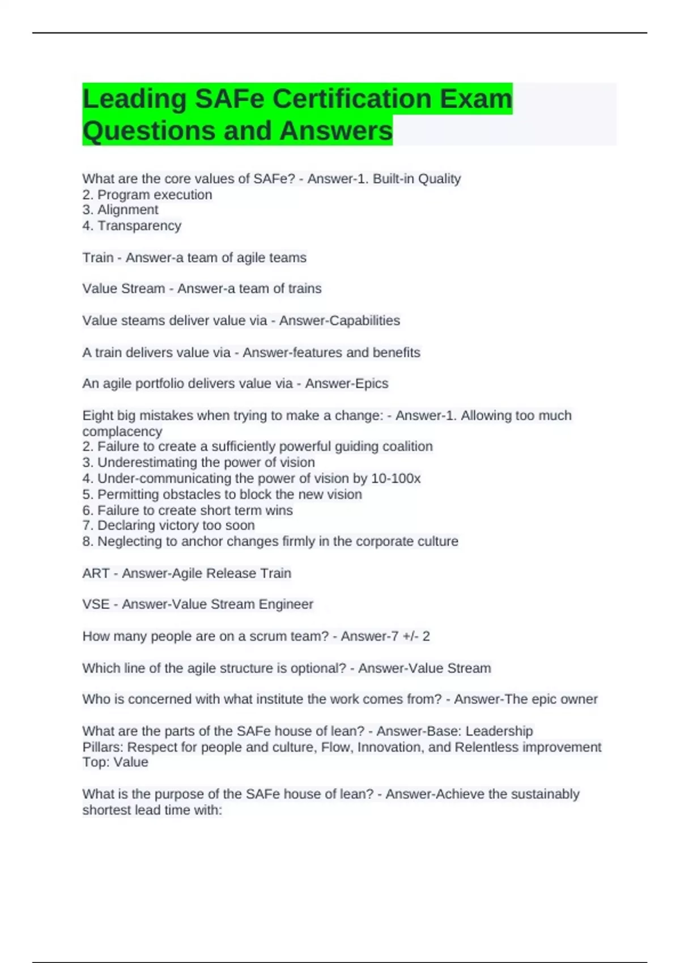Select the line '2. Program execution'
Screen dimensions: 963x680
coord(147,195)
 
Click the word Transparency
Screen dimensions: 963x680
coord(139,226)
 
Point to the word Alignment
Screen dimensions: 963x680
coord(128,210)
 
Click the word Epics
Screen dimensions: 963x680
coord(371,384)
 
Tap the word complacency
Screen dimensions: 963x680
coord(122,431)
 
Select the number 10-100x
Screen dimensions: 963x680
coord(396,479)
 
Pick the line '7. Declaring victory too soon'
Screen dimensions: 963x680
coord(168,526)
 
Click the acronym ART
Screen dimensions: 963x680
coord(96,573)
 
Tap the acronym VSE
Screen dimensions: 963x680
coord(96,604)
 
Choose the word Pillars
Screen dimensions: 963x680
coord(102,747)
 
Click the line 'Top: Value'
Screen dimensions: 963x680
coord(115,762)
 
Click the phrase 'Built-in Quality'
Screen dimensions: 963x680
coord(416,179)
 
